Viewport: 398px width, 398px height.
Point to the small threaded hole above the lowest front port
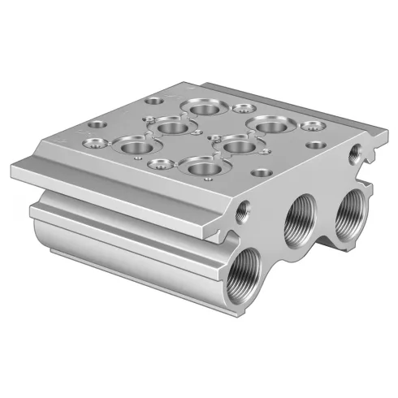241,213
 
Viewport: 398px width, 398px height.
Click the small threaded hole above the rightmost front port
355,152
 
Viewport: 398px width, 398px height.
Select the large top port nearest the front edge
198,167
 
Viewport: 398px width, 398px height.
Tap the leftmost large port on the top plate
129,146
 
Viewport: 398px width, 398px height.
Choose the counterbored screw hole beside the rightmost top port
308,126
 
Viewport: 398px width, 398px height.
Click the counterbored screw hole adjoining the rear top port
240,108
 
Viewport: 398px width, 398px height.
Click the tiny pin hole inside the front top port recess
209,171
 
